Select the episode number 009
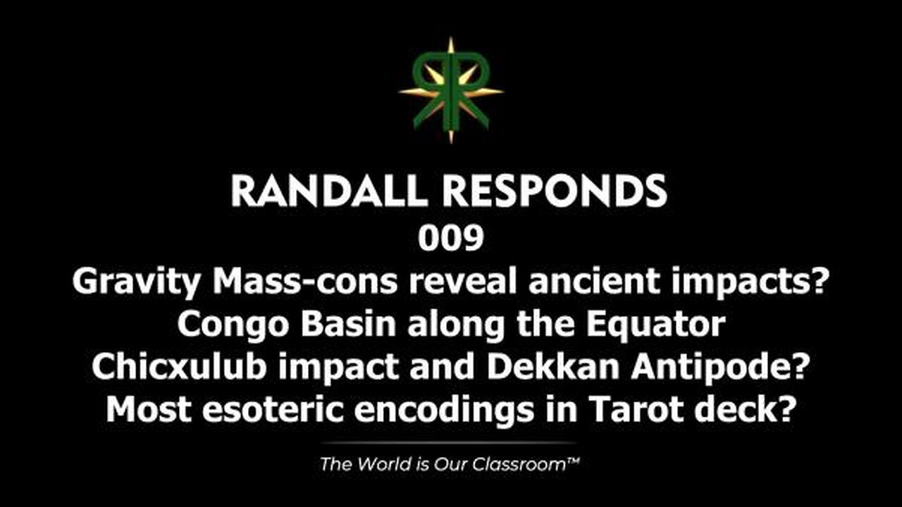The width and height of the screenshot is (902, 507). coord(451,239)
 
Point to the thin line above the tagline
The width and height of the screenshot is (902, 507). coord(451,443)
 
